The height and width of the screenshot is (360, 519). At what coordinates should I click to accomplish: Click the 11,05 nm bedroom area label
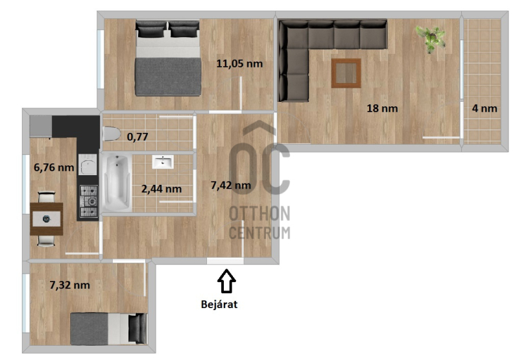tap(239, 64)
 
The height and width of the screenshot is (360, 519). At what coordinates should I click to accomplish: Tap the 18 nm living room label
tap(382, 108)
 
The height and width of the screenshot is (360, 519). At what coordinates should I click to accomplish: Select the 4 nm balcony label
tap(484, 108)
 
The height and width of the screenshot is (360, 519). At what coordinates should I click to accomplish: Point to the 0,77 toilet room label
tap(138, 136)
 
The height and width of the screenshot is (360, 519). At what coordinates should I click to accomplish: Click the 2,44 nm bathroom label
tap(161, 189)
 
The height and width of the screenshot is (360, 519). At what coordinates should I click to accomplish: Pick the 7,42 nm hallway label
tap(231, 186)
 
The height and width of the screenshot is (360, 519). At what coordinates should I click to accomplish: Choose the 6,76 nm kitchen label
tap(54, 167)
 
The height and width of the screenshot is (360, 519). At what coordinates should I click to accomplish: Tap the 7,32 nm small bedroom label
tap(69, 285)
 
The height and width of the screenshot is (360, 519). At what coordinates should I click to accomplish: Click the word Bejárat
tap(219, 304)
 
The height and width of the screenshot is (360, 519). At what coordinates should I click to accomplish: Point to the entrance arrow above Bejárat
tap(226, 281)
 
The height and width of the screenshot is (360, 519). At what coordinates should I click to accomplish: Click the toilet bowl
tap(111, 134)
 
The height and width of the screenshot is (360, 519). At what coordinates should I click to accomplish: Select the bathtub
tap(116, 183)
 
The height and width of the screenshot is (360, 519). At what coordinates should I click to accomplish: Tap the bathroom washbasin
tap(163, 162)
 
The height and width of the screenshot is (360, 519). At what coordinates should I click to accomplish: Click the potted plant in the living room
tap(431, 38)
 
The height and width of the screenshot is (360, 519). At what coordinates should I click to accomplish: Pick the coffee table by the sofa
tap(346, 73)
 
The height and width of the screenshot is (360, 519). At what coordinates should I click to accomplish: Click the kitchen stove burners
tap(89, 201)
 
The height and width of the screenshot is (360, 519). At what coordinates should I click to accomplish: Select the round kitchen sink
tap(88, 165)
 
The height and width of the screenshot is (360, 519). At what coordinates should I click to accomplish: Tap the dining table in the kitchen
tap(46, 219)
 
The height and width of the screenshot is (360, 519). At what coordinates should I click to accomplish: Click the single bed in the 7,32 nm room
tap(108, 329)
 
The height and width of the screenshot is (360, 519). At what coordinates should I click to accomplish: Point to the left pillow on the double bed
tap(151, 29)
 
